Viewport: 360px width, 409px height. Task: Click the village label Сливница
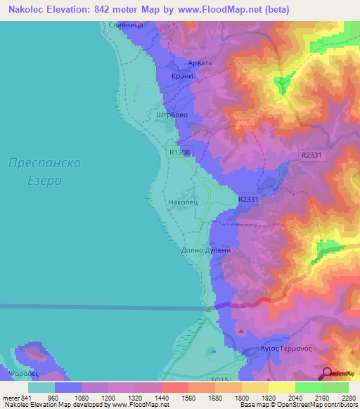(127, 25)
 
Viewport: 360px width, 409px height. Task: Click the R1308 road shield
(180, 151)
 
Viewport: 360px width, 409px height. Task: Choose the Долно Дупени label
(206, 249)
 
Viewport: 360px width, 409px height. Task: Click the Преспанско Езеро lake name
(45, 171)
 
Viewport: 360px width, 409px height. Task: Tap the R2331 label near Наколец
(248, 200)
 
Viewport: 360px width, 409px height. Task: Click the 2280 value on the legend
(348, 398)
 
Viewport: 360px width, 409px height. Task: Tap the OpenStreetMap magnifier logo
(326, 373)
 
